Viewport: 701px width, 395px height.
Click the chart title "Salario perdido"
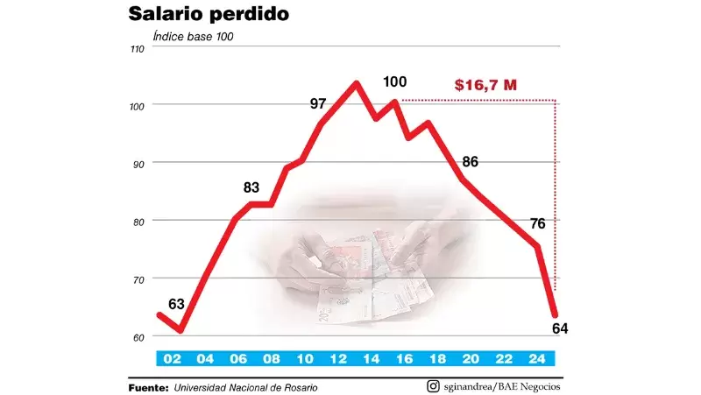(x=209, y=15)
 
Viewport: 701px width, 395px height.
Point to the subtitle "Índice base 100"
(x=193, y=37)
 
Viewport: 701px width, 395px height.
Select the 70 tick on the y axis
(x=137, y=279)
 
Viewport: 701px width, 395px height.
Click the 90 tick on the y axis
(x=137, y=163)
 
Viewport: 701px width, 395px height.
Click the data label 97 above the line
(x=318, y=104)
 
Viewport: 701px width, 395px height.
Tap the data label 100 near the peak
(x=395, y=82)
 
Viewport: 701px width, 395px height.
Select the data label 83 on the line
(x=251, y=187)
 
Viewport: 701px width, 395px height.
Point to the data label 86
(x=470, y=162)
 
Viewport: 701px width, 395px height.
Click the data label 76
(x=538, y=223)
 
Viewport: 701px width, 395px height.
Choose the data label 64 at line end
(x=561, y=328)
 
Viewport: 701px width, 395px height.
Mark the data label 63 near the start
(x=176, y=305)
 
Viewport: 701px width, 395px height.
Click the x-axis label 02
(x=171, y=358)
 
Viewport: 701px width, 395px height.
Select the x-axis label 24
(x=538, y=358)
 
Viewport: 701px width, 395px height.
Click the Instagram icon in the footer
(x=433, y=386)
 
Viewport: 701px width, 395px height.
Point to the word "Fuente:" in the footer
(x=147, y=387)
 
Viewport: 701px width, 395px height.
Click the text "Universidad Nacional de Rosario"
(x=245, y=387)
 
